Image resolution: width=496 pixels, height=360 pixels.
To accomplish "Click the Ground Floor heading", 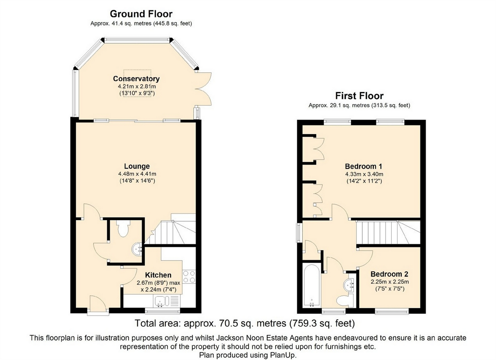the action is pos(141,14).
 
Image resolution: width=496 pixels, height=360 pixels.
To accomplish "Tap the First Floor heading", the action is pos(359,96).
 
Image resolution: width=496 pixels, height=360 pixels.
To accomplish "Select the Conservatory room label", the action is pos(136,79).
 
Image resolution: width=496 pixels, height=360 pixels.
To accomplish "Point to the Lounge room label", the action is pos(137,166).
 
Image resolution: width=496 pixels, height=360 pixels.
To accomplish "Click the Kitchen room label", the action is pos(158,275).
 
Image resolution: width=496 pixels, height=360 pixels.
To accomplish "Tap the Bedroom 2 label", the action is pos(389,274).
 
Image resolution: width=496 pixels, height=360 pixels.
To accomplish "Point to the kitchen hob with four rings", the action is pos(189,277).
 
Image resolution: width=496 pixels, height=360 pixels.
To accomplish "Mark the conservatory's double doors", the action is pos(204,89).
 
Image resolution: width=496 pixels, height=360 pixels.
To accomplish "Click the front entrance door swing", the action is pos(98,302).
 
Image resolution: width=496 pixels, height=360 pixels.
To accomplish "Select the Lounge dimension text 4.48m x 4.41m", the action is pos(137,174).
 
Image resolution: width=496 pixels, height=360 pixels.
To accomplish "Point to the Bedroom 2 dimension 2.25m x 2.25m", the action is pos(390,282).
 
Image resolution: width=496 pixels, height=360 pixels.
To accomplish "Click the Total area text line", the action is pos(245,323).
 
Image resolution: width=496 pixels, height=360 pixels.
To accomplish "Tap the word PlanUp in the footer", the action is pos(283,355).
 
